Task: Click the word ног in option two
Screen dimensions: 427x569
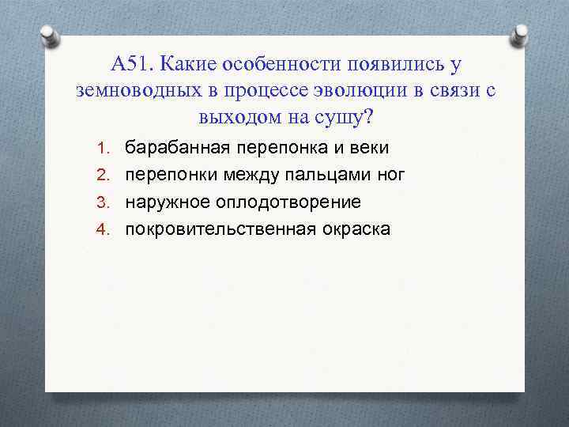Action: tap(390, 176)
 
